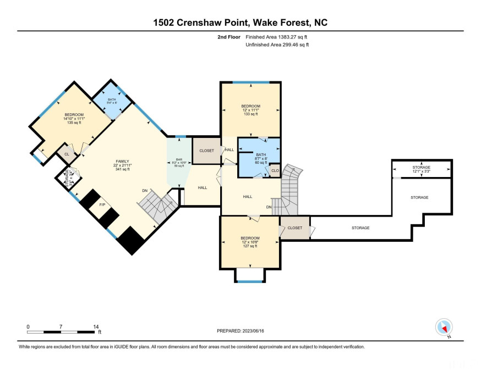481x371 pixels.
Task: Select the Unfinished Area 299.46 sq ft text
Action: click(277, 45)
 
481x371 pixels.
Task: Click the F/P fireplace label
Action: click(102, 205)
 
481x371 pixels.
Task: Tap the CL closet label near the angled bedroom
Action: click(67, 154)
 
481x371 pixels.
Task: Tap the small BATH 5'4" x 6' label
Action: click(112, 101)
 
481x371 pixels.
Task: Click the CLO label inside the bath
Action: click(275, 171)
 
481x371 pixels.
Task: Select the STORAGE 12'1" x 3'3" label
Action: click(421, 169)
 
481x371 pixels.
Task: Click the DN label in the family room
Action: click(145, 191)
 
